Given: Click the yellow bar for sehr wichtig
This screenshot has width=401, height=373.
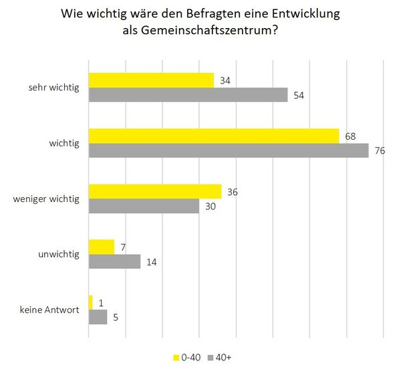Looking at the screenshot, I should pos(151,80).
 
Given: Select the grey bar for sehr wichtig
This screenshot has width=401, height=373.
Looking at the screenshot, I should pos(188,95).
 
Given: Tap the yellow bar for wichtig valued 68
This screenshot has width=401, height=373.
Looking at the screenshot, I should pos(214,136).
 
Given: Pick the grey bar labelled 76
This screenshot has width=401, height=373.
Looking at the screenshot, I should pos(229,150).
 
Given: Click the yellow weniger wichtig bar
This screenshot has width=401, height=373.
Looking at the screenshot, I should pos(154,191).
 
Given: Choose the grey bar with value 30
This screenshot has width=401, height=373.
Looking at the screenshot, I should pos(144,206).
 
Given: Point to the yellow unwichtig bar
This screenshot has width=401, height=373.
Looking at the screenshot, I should pos(102,247).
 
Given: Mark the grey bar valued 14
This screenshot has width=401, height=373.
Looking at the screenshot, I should pos(114,261).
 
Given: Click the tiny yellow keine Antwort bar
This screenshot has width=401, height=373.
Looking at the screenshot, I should pos(91,302).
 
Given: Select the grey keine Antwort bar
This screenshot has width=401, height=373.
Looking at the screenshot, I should pos(98,317).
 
